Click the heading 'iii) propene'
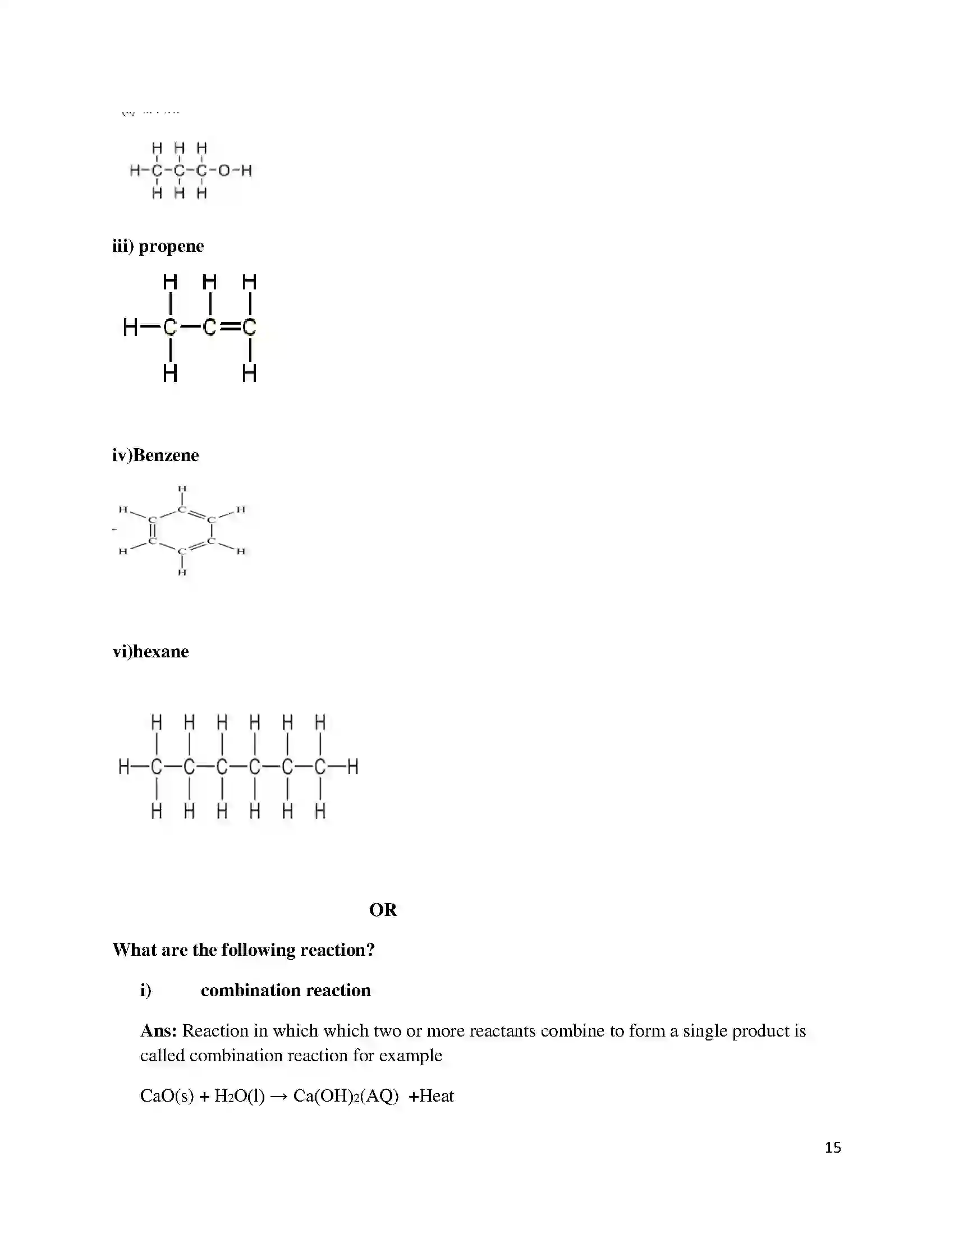pos(158,246)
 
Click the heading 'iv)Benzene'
pos(155,455)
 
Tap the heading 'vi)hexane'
pos(150,651)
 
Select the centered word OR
pos(383,910)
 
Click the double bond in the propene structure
pos(230,327)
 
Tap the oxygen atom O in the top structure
pos(224,170)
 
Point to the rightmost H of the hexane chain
pos(352,767)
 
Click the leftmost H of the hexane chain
pos(124,767)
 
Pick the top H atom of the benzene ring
pos(182,489)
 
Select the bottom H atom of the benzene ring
pos(182,572)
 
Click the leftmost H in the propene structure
pos(130,327)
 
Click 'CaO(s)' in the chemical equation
pos(167,1097)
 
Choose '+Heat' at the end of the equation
pos(431,1097)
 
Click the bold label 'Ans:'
pos(159,1031)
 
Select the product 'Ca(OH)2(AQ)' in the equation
pos(346,1097)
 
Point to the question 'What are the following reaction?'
pos(244,950)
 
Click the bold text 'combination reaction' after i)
pos(286,991)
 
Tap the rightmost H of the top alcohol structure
pos(246,170)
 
